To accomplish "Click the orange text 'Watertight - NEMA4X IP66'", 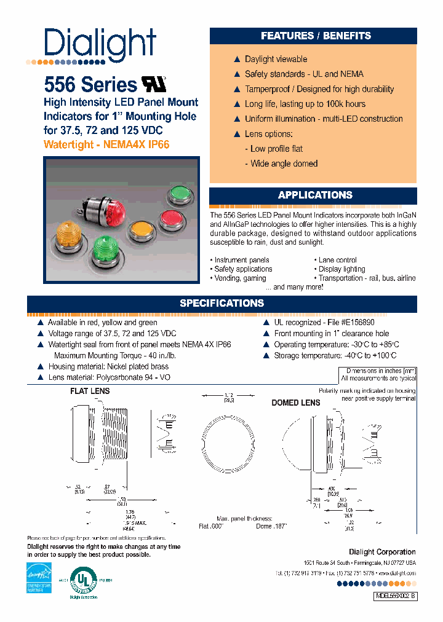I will tap(106, 145).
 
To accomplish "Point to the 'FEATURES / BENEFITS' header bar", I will tap(315, 36).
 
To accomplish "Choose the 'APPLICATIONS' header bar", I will tap(315, 195).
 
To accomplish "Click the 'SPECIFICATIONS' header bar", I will tap(221, 304).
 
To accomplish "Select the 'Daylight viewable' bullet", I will tap(276, 59).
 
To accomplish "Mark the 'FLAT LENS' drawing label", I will tap(89, 391).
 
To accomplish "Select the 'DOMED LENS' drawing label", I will tap(296, 403).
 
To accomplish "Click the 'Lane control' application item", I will tap(337, 260).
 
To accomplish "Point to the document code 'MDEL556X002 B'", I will tap(396, 596).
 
